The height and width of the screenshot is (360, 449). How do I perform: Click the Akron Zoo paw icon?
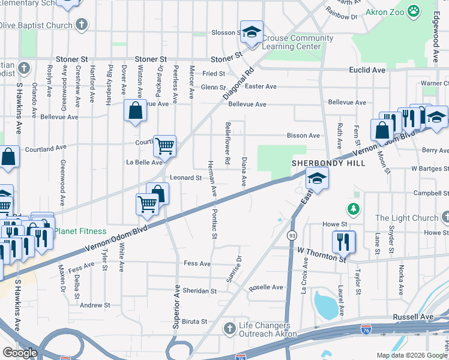click(414, 10)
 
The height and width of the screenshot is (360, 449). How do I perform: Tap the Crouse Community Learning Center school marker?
click(252, 32)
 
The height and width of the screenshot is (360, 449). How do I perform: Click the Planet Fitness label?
click(80, 231)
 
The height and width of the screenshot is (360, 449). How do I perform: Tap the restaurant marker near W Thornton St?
click(343, 241)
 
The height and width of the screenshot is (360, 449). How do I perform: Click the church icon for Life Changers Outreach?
click(229, 328)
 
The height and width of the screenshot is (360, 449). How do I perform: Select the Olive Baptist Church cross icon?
click(82, 25)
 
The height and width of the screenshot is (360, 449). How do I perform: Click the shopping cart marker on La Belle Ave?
click(164, 145)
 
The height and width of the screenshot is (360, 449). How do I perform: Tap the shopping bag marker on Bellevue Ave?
click(135, 110)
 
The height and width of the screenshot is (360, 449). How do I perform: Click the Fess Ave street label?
click(197, 263)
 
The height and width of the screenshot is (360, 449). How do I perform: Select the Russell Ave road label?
click(413, 316)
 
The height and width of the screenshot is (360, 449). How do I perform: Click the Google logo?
click(20, 353)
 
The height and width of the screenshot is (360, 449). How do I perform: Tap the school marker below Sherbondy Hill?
click(316, 178)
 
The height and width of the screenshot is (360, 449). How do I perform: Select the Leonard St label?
click(185, 178)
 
